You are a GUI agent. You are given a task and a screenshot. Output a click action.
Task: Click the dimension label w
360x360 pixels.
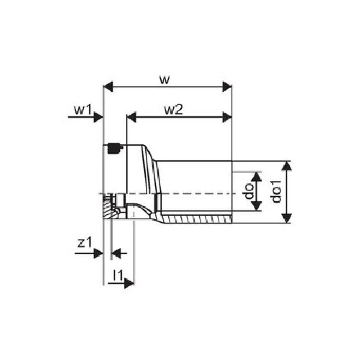[164, 79]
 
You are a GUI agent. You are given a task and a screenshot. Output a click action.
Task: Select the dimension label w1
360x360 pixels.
[83, 110]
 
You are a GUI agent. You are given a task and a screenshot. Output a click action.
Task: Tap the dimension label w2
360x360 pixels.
[174, 110]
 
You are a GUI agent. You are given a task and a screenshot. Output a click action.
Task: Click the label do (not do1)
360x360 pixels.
[248, 192]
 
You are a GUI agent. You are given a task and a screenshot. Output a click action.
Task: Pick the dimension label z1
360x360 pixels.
[84, 243]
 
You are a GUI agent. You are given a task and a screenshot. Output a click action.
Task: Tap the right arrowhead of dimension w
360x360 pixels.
[227, 87]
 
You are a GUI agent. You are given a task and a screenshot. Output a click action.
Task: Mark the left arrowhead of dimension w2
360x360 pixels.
[132, 117]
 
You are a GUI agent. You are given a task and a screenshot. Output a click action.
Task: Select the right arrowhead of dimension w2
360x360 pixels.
[227, 117]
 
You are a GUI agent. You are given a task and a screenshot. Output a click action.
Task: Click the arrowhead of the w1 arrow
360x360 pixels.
[100, 117]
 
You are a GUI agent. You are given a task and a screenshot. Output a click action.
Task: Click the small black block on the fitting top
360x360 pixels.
[114, 148]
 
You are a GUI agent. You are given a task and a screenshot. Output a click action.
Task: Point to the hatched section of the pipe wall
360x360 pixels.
[197, 218]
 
